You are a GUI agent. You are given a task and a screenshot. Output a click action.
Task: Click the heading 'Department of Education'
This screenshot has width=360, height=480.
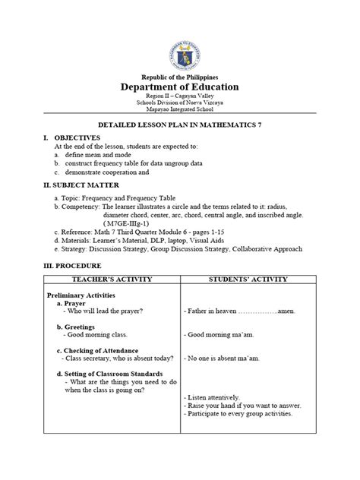(181, 87)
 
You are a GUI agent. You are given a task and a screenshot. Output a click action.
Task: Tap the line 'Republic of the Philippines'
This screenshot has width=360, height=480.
(181, 76)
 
